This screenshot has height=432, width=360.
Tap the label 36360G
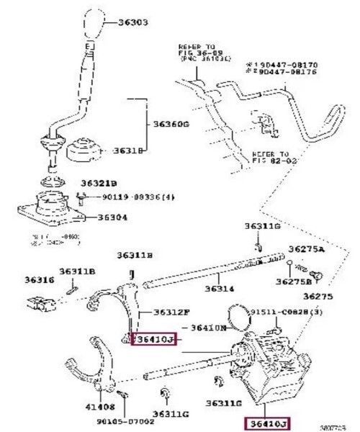tap(171, 125)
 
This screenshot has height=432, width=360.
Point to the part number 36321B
tap(99, 183)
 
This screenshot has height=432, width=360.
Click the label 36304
tap(114, 217)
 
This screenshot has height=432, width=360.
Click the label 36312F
tap(172, 312)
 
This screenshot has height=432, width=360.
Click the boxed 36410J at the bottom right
tap(266, 423)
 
